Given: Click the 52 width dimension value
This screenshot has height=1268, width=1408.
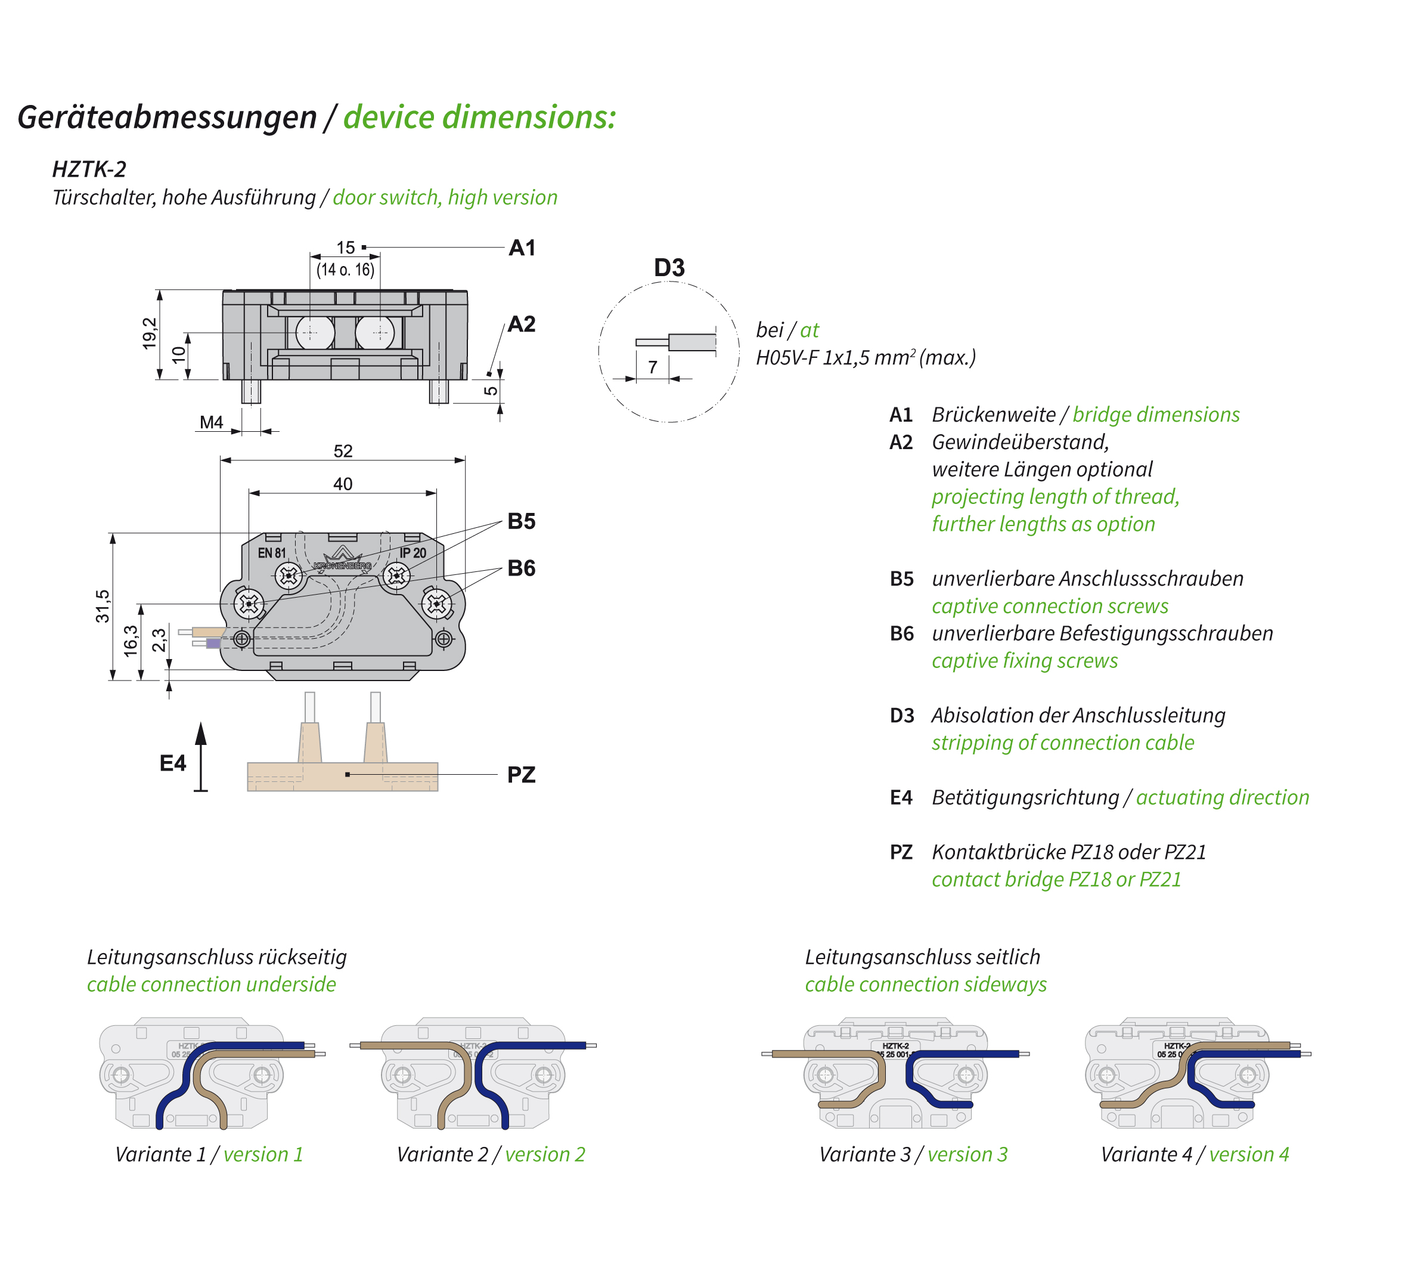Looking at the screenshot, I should pos(343,451).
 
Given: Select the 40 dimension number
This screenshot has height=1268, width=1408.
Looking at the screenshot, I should pos(343,484).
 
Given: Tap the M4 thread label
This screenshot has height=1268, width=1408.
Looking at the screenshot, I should pos(211,422).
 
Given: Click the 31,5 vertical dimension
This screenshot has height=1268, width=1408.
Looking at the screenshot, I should pos(103,605).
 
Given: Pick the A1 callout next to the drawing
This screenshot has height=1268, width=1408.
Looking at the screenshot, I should pos(522,248).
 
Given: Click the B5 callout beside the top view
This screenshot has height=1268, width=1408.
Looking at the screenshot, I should pos(521,521).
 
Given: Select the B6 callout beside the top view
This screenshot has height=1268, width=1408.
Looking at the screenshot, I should pos(521,568).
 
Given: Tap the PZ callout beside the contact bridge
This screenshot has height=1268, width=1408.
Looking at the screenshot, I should pos(521,775).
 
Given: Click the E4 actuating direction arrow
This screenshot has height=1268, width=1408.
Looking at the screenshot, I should pos(200,757).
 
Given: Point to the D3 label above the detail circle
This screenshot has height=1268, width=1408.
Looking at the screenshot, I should pos(669,268).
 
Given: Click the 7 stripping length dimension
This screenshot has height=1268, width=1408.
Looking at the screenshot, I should pos(653,367).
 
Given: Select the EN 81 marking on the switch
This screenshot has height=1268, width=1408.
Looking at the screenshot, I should pos(272,553).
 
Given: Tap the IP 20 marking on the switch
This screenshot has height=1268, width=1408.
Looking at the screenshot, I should pos(413,553).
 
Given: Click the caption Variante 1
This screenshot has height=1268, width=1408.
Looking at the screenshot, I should pos(160,1155).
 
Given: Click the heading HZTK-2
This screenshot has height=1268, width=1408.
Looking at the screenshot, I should pos(89,169).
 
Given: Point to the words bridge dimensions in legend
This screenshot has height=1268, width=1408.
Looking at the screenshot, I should pos(1155,415).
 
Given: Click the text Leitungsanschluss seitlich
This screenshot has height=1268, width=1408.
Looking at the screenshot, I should pos(922,957).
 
